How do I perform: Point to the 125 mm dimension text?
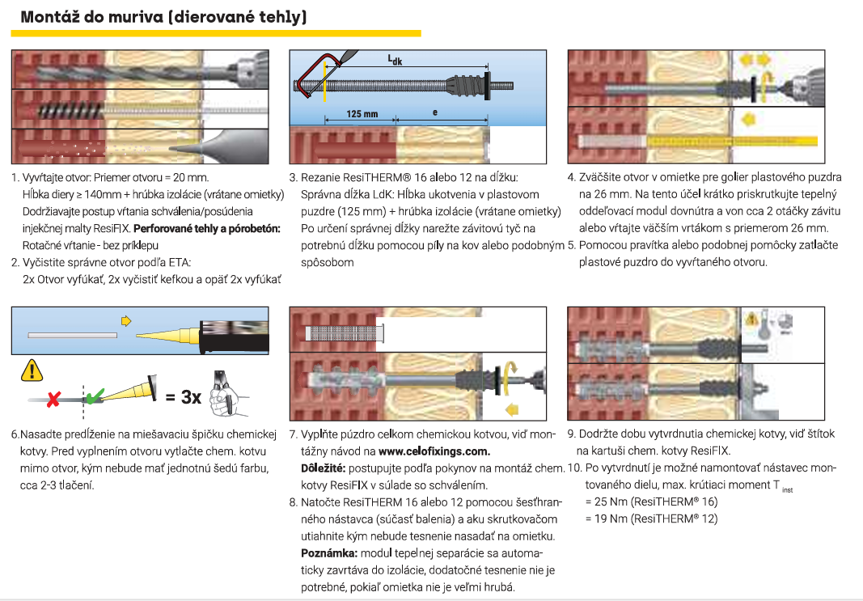click(x=362, y=114)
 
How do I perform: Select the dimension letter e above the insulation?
click(x=435, y=112)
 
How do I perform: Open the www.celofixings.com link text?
click(x=434, y=451)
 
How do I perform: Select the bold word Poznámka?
click(x=327, y=552)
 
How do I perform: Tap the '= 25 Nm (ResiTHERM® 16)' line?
click(x=651, y=502)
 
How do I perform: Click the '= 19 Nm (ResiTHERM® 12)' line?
click(x=651, y=518)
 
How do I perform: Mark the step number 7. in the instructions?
click(x=294, y=434)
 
